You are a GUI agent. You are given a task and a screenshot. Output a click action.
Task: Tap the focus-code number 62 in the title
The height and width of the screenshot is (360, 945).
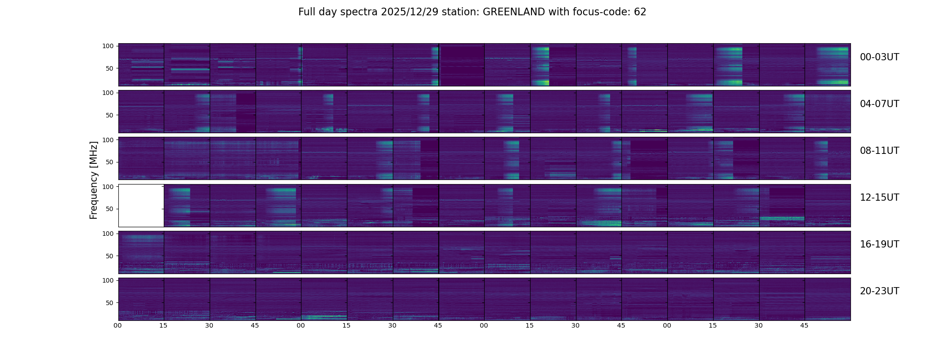coord(640,12)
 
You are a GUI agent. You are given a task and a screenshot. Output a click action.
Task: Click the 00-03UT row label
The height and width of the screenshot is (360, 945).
coord(879,57)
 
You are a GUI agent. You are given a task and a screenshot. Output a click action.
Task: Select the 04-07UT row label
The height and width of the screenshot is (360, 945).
coord(879,104)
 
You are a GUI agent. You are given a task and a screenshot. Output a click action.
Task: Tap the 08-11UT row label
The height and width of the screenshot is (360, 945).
coord(879,151)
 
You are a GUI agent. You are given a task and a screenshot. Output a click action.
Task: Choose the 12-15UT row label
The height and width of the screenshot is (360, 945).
coord(879,198)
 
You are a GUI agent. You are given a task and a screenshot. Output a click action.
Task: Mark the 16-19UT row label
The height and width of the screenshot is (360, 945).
coord(879,244)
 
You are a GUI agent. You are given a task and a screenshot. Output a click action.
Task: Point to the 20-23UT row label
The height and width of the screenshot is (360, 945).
coord(879,291)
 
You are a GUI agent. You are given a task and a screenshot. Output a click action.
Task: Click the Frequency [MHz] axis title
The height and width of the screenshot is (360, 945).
coord(94,180)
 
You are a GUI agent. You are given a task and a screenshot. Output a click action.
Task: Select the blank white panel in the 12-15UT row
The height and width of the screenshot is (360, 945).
coord(141,205)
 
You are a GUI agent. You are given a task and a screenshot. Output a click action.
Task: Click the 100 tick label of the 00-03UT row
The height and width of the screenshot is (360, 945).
coord(108,46)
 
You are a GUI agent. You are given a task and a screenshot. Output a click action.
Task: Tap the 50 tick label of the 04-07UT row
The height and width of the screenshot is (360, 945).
coord(109,116)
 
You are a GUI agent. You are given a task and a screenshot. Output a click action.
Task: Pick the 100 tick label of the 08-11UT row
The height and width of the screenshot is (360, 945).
coord(108,140)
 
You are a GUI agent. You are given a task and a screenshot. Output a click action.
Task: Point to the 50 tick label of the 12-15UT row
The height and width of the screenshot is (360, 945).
coord(109,209)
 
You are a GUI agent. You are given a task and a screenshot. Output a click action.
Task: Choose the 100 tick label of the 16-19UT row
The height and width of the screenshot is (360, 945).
coord(108,234)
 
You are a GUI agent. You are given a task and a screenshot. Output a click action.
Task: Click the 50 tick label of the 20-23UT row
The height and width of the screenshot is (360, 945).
coord(109,303)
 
